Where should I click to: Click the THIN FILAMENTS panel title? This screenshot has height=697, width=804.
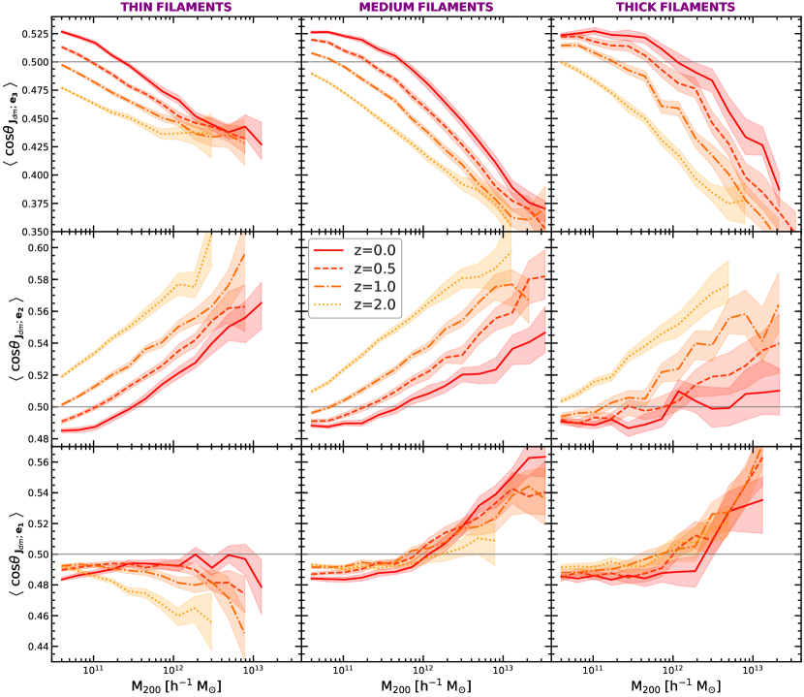click(x=177, y=8)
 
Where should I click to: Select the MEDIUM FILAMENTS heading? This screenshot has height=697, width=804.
click(x=425, y=8)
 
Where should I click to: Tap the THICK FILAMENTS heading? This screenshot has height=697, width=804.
click(x=674, y=8)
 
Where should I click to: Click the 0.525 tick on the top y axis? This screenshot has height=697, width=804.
click(x=30, y=34)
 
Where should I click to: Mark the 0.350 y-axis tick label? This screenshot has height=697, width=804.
click(x=30, y=232)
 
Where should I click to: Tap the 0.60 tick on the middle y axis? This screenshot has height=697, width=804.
click(x=34, y=248)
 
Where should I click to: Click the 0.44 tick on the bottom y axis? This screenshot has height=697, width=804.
click(x=34, y=647)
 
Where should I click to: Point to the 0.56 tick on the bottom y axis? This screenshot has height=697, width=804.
click(x=34, y=461)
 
